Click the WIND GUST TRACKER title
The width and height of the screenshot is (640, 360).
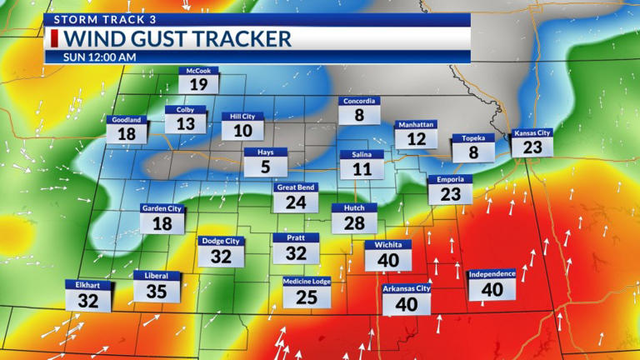click(178, 38)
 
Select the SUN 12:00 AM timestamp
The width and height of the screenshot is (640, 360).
click(101, 57)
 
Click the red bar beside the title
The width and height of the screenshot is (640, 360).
click(55, 38)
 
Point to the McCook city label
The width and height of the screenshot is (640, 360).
click(198, 71)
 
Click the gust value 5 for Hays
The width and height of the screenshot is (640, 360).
click(266, 167)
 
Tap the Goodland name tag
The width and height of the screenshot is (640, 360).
click(127, 119)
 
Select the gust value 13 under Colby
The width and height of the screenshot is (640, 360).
click(185, 123)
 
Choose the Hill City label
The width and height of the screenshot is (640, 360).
click(242, 117)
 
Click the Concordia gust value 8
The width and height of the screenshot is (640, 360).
click(359, 115)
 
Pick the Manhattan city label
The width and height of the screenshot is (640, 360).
click(415, 124)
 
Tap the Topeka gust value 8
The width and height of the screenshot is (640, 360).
click(473, 152)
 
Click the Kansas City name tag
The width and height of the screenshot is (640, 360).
click(532, 132)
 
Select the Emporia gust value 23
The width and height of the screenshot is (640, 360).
click(450, 193)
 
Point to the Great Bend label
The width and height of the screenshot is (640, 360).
click(295, 187)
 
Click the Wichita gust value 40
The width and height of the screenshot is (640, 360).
click(388, 259)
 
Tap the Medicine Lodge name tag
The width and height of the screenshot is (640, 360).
click(307, 282)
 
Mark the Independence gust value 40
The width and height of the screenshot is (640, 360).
click(492, 288)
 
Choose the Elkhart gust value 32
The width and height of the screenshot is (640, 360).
click(88, 301)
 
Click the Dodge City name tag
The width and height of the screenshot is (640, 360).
click(221, 241)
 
